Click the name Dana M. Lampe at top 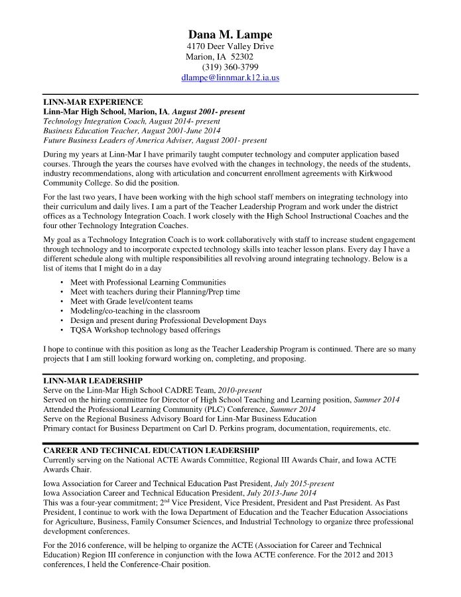(x=230, y=34)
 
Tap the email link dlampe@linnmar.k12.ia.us (x=230, y=78)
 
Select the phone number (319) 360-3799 (x=230, y=67)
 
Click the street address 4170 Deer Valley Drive (x=230, y=46)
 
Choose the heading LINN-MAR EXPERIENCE (x=93, y=102)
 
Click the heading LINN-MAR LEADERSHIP (x=93, y=381)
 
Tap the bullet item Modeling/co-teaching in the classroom (x=135, y=310)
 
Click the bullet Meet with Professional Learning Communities (x=148, y=282)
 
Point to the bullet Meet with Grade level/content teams (x=131, y=301)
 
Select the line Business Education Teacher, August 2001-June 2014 (x=131, y=131)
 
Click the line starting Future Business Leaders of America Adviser (x=155, y=141)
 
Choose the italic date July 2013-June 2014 (x=281, y=494)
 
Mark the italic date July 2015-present (x=304, y=484)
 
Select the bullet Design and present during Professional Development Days (x=168, y=320)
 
